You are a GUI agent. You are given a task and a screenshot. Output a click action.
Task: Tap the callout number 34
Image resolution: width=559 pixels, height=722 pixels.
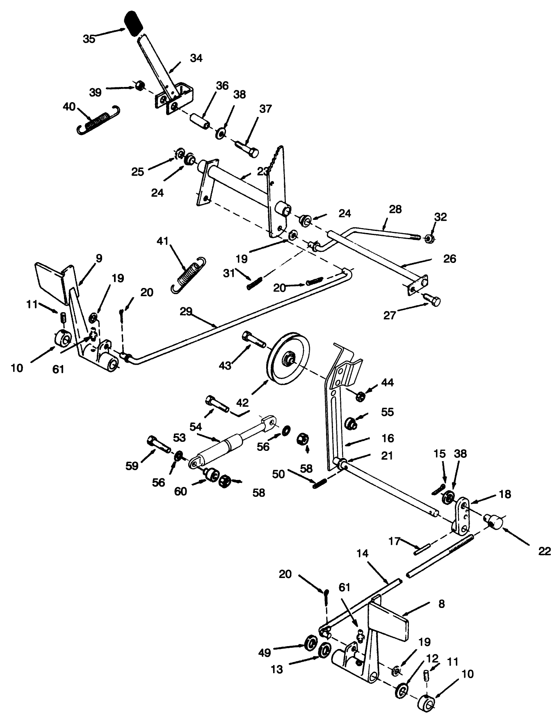pyautogui.click(x=196, y=58)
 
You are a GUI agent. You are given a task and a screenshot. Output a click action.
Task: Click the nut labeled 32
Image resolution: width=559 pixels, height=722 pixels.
pyautogui.click(x=429, y=238)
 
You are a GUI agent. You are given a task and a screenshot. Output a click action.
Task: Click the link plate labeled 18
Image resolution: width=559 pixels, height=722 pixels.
pyautogui.click(x=462, y=515)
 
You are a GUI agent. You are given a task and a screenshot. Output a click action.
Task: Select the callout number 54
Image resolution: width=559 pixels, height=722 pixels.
pyautogui.click(x=196, y=427)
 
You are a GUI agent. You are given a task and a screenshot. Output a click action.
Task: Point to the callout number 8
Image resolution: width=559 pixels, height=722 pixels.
pyautogui.click(x=441, y=603)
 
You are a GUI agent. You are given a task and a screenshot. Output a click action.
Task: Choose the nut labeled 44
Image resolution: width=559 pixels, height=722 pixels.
pyautogui.click(x=360, y=397)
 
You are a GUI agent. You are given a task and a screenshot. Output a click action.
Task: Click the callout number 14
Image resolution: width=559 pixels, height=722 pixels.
pyautogui.click(x=363, y=554)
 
